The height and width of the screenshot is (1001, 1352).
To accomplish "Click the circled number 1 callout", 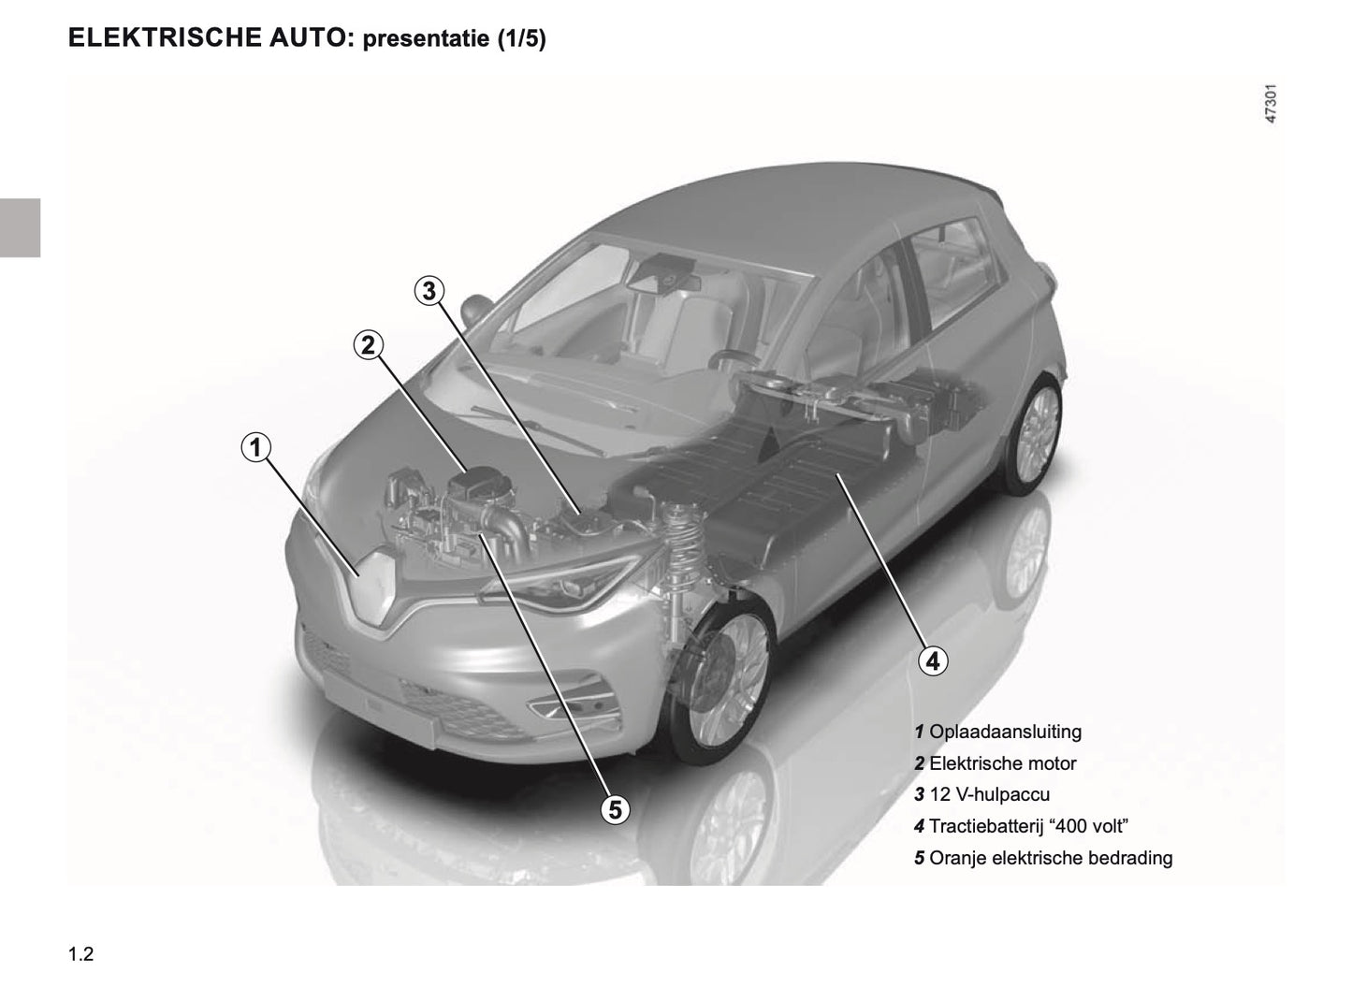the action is coord(256,447).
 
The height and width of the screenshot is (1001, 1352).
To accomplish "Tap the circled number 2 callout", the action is coord(368,345).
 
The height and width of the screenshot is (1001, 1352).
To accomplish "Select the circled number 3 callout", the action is coord(429,291).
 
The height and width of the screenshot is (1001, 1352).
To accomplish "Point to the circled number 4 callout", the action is coord(933,660).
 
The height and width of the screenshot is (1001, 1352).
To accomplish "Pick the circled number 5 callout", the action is coord(615,809).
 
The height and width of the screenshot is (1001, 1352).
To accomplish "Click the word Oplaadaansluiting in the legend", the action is coord(1005,732).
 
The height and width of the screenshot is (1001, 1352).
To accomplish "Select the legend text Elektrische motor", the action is coord(1003,763).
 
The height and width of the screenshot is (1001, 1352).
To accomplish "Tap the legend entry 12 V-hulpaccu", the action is coord(989,794).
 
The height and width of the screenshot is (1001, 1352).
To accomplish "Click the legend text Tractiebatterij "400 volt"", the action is coord(1028,826).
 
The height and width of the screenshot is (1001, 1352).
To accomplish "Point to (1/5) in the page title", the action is coord(522,38).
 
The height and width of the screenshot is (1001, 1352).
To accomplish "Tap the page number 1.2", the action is coord(81,954).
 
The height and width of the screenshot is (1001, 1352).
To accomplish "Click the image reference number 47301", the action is coord(1271,104).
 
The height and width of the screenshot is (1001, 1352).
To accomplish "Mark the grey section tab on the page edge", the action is coord(20,227).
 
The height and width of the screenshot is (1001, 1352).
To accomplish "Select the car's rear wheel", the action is coord(1032,433).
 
